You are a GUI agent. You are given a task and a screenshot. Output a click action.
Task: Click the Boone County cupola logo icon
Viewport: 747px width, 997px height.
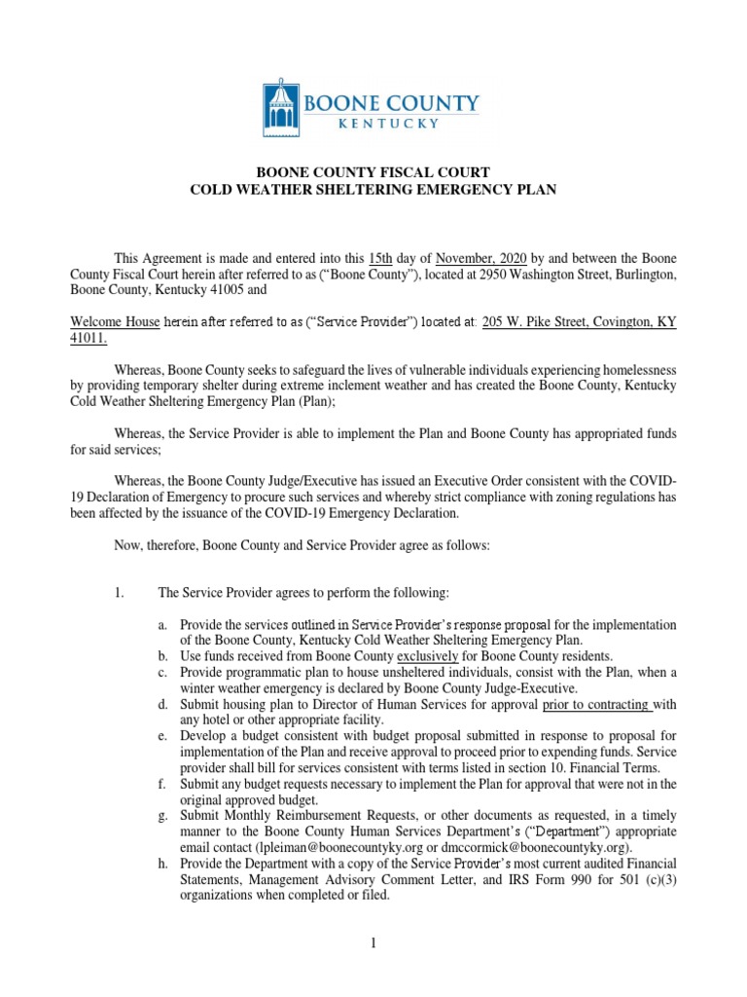(x=282, y=104)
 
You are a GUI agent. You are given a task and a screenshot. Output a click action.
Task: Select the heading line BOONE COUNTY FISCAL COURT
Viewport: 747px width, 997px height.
(x=373, y=172)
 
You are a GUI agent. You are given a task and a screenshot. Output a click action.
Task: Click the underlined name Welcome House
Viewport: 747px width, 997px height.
(x=115, y=320)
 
